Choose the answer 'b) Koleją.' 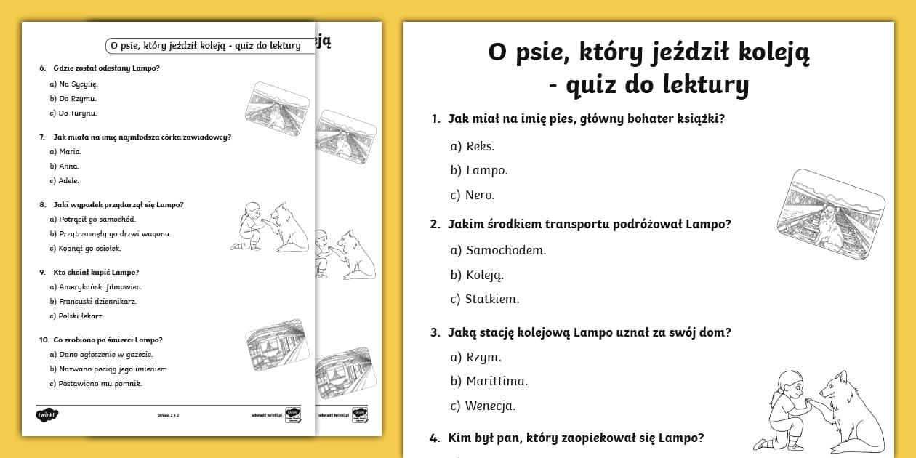(x=477, y=275)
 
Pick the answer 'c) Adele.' (x=64, y=180)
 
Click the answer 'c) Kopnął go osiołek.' (x=86, y=248)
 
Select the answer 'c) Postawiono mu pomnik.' (x=95, y=383)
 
